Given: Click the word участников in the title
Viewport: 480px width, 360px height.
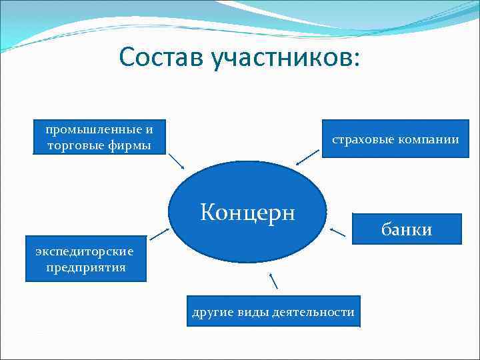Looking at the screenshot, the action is click(x=285, y=58).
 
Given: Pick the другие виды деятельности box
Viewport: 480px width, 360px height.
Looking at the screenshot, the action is click(x=273, y=311).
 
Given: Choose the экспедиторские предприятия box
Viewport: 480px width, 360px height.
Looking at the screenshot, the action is click(x=85, y=259).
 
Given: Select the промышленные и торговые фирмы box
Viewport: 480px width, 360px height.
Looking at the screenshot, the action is click(x=99, y=137).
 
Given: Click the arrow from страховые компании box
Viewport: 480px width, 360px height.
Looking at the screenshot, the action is click(x=307, y=157).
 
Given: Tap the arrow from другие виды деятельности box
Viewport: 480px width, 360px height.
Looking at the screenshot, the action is click(x=273, y=281).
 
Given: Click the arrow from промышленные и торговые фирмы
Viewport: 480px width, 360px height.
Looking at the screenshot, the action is click(x=176, y=161).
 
